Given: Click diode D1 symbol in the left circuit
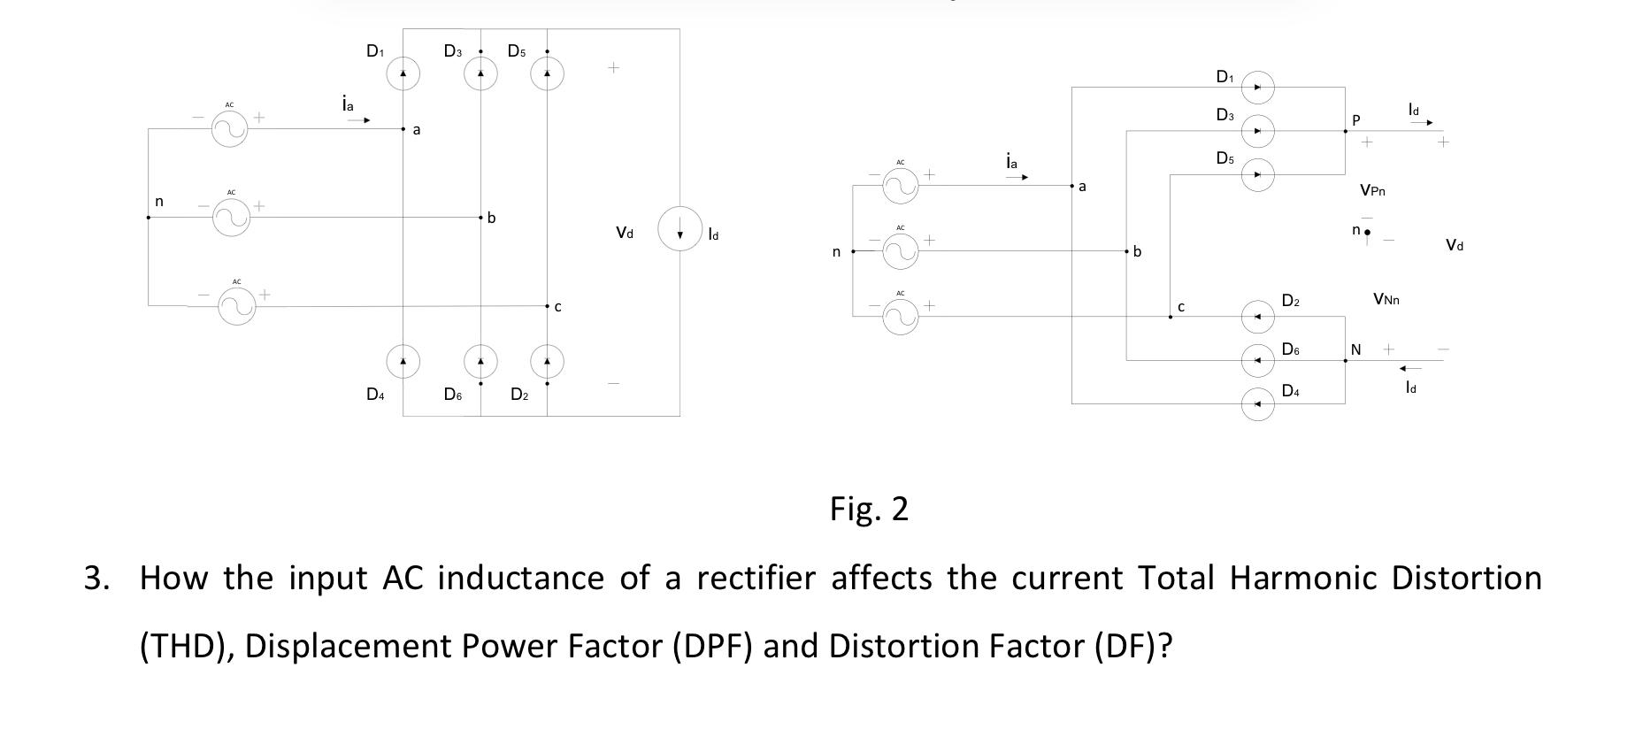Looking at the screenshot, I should pyautogui.click(x=403, y=73).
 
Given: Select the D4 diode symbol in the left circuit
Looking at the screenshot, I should pyautogui.click(x=403, y=361).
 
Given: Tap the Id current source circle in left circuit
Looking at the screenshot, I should pyautogui.click(x=679, y=229).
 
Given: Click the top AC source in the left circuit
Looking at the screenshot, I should pyautogui.click(x=229, y=130).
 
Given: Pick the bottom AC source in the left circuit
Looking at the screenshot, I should pyautogui.click(x=237, y=306).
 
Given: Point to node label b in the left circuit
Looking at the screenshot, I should pyautogui.click(x=492, y=218).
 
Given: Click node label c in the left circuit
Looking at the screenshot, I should pyautogui.click(x=557, y=307).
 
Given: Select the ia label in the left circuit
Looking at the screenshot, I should pyautogui.click(x=348, y=104).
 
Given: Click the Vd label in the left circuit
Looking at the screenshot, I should pyautogui.click(x=625, y=233).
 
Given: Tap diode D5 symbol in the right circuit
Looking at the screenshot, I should pyautogui.click(x=1257, y=175).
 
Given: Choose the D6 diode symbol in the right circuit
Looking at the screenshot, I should pyautogui.click(x=1257, y=360).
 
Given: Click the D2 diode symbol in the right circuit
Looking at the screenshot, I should pyautogui.click(x=1257, y=316).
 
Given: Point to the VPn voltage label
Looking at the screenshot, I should pyautogui.click(x=1372, y=189).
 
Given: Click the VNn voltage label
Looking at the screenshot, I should pyautogui.click(x=1386, y=299).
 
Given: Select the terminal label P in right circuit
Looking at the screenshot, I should pyautogui.click(x=1355, y=119).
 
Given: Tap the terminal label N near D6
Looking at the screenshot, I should pyautogui.click(x=1355, y=350).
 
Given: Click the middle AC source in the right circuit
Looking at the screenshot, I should pyautogui.click(x=900, y=251).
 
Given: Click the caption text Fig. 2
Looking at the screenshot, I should pyautogui.click(x=869, y=509).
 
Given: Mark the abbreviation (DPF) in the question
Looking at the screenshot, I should pyautogui.click(x=712, y=646).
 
